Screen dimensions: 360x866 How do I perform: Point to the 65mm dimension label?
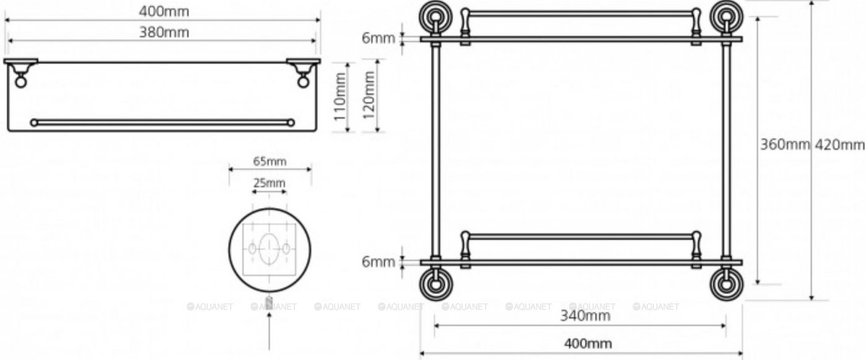[x=269, y=161]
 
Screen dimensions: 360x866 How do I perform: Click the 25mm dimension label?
[x=269, y=182]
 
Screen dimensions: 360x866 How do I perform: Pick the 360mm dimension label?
[x=784, y=145]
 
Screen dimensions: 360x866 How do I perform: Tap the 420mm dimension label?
[x=839, y=145]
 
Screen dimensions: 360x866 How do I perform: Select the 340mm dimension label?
[x=580, y=316]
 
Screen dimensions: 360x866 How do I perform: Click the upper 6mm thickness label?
[x=379, y=38]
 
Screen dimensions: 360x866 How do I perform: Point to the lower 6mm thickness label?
[x=379, y=262]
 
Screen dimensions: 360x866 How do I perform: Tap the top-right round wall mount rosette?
[x=726, y=17]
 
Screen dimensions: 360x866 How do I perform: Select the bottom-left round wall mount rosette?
[x=435, y=284]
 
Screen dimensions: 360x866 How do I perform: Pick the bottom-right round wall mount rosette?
[x=726, y=284]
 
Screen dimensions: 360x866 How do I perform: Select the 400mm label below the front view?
[x=580, y=343]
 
